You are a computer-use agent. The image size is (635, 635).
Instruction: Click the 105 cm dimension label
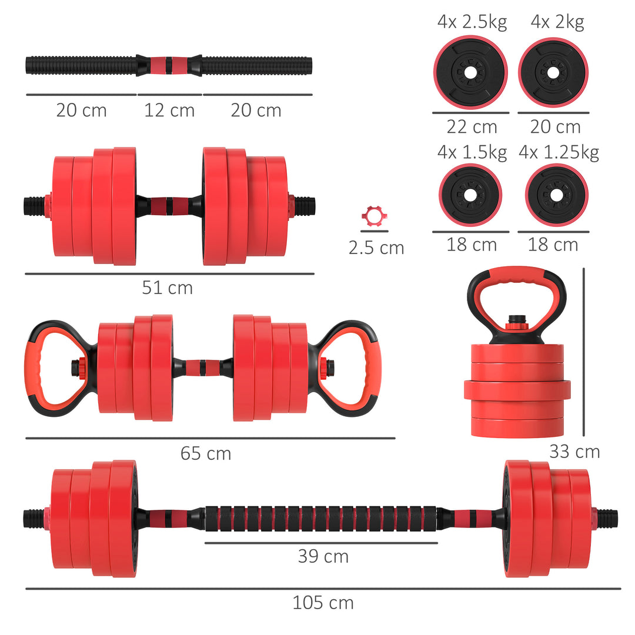point(323,603)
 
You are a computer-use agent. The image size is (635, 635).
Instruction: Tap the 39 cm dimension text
point(323,556)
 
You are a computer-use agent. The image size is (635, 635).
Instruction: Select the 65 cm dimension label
point(205,453)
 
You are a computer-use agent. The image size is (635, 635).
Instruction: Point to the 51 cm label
point(167,288)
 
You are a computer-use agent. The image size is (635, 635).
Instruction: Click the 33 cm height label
point(574,452)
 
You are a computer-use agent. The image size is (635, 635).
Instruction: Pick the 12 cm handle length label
point(169,110)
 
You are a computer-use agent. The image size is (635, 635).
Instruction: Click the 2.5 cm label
point(376,248)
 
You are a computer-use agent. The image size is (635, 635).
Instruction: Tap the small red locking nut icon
point(372,216)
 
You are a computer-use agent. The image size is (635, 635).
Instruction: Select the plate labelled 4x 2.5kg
point(470,72)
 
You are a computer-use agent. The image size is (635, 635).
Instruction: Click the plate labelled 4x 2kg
point(553,72)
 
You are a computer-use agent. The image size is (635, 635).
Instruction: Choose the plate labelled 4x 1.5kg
point(470,195)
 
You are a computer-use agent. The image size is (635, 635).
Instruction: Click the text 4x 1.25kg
point(559,152)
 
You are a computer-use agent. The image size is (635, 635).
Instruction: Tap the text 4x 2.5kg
point(472,22)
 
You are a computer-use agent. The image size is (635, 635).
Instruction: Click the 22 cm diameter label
point(472,126)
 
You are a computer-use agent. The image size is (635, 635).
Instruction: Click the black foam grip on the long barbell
point(321,518)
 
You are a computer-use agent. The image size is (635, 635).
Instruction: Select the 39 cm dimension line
point(321,543)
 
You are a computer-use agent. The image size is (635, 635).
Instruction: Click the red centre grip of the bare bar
point(169,65)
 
